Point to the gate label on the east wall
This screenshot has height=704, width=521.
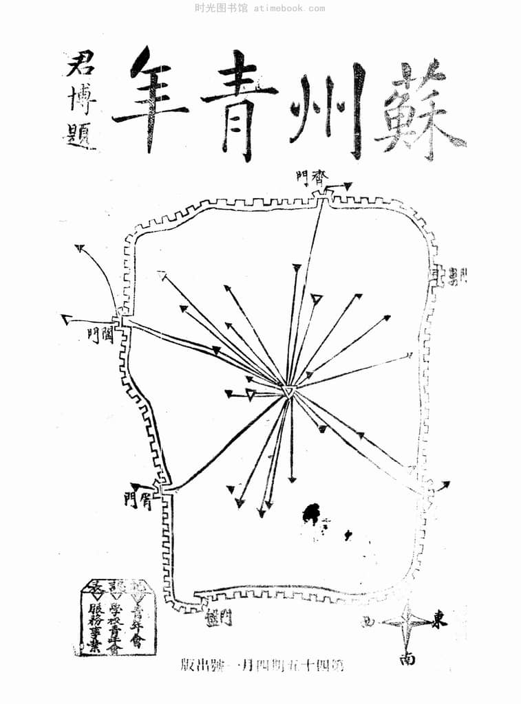(457, 276)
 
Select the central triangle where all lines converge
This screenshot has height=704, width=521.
(290, 391)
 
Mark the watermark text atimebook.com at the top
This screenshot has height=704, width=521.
(289, 8)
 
